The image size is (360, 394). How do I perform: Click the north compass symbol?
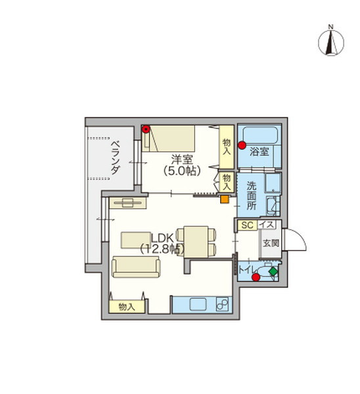(x=331, y=42)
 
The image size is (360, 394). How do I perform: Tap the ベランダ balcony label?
(x=116, y=158)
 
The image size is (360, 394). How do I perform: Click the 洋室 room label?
(x=182, y=160)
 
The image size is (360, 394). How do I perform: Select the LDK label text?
(x=162, y=238)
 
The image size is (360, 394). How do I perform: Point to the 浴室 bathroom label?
(x=259, y=152)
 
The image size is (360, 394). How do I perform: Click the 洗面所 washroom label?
(x=252, y=196)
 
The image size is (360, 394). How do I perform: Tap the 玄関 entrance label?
(x=271, y=243)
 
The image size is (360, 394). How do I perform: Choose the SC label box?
(x=248, y=225)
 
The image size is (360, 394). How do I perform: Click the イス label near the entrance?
(x=267, y=225)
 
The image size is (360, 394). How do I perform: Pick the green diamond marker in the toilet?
(x=273, y=272)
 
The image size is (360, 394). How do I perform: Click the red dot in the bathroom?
(x=242, y=145)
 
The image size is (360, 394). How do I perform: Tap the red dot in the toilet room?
(x=256, y=277)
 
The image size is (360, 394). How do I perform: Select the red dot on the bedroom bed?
(x=146, y=129)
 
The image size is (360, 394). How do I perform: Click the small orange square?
(x=225, y=199)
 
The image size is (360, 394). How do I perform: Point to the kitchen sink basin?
(x=198, y=305)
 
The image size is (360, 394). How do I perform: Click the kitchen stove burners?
(x=222, y=305)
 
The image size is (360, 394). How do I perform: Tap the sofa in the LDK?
(x=136, y=267)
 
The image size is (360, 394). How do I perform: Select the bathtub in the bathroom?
(x=260, y=135)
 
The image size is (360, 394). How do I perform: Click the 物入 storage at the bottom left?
(x=127, y=307)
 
